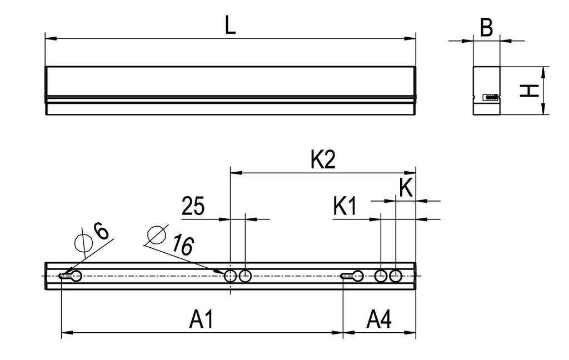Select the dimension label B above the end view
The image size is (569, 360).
[486, 28]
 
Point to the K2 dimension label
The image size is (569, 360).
[323, 161]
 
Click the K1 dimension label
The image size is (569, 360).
[345, 207]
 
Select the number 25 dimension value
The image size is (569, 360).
[193, 207]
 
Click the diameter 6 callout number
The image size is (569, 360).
[102, 231]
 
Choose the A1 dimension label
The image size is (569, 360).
[201, 320]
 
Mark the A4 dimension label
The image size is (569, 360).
[380, 320]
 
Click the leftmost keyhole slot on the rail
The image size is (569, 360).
[71, 276]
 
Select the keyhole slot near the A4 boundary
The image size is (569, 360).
[353, 276]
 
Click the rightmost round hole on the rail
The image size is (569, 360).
[396, 276]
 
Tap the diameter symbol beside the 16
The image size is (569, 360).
[156, 235]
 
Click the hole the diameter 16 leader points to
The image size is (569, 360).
[230, 276]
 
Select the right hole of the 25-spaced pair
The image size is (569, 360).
[245, 276]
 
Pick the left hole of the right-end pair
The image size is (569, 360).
[381, 276]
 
